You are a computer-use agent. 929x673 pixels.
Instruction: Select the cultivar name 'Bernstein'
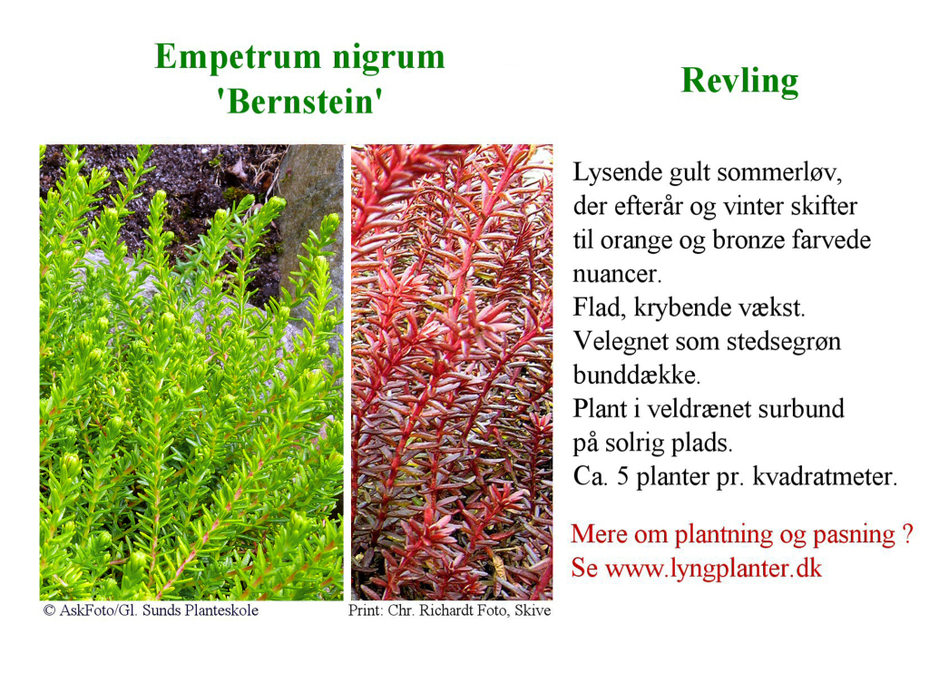[x=299, y=102]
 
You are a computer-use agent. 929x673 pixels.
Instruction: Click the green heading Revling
[x=740, y=81]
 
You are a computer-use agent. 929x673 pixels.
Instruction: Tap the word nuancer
[x=617, y=275]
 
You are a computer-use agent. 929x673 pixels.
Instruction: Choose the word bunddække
[x=636, y=375]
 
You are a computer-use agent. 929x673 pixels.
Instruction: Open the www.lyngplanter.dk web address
[x=714, y=570]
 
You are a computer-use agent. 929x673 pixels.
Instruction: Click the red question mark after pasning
[x=907, y=534]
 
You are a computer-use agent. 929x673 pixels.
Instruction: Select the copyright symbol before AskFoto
[x=49, y=610]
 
